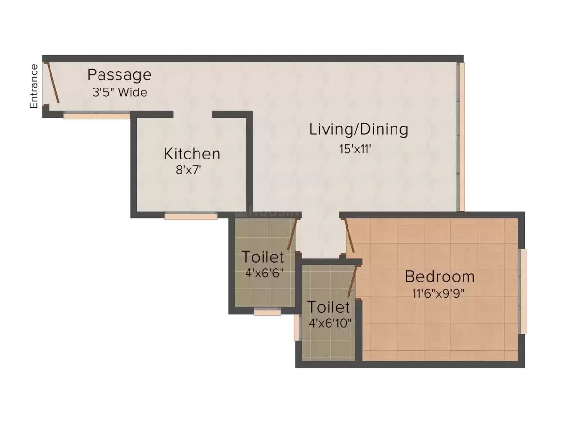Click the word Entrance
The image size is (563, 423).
(x=34, y=86)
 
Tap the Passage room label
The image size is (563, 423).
(x=119, y=75)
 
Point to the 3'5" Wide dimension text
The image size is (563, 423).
(x=119, y=92)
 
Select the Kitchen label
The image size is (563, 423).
(x=192, y=154)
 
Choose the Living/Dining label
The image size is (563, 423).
(x=359, y=129)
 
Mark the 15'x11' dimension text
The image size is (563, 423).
(x=355, y=149)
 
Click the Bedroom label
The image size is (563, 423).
(x=439, y=277)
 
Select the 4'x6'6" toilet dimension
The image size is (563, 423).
(x=264, y=272)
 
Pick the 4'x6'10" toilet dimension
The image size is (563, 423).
(x=329, y=323)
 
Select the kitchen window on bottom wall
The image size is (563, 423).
(x=191, y=216)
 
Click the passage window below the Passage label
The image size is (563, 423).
(x=97, y=116)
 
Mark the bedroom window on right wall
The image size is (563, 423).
(x=523, y=291)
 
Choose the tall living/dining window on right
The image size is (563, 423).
(x=462, y=136)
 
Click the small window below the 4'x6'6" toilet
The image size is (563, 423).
(x=267, y=312)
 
